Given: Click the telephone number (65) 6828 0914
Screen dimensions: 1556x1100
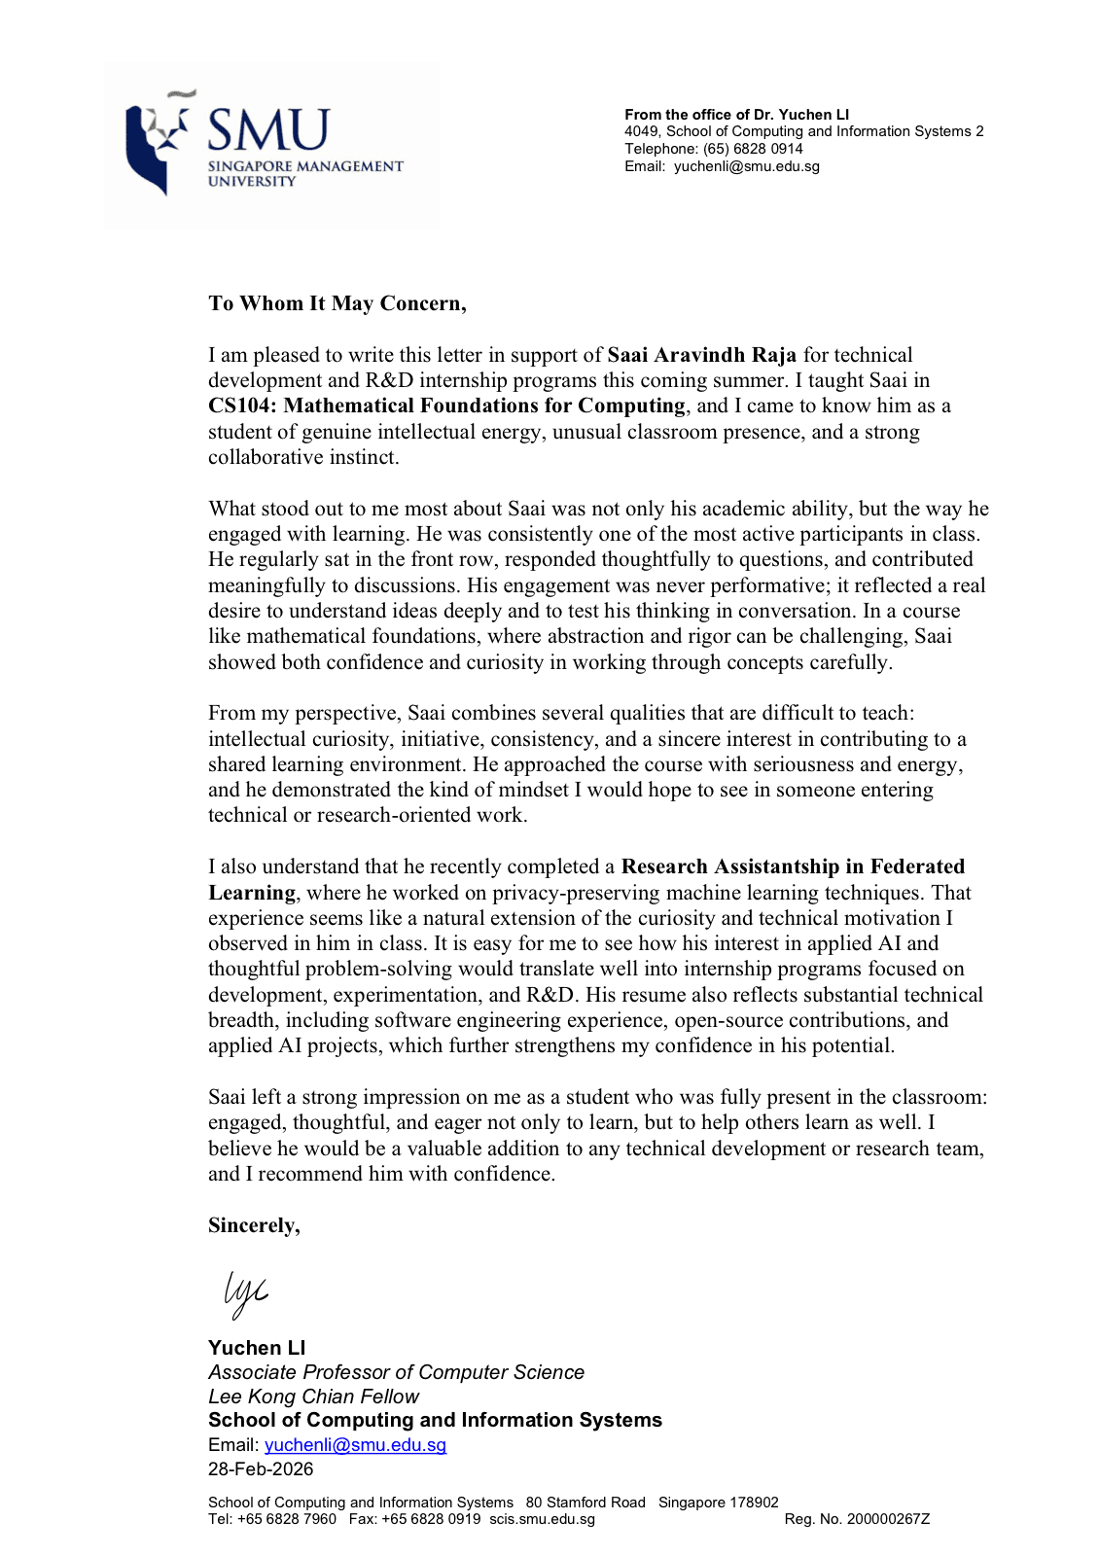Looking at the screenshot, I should (753, 149).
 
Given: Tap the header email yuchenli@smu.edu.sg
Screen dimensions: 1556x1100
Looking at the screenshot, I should (746, 166).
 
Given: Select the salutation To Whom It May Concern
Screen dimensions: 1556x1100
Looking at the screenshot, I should (337, 303).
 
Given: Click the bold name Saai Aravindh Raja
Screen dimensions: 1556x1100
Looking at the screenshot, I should (701, 355).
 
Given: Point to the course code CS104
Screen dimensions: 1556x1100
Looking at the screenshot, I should (240, 406).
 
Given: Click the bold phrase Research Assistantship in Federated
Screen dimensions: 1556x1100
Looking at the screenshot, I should (793, 866).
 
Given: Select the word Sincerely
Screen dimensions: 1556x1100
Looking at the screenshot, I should (253, 1225).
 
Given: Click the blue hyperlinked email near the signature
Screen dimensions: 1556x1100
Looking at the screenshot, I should (355, 1445).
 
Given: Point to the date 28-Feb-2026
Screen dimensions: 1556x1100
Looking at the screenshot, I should (261, 1469).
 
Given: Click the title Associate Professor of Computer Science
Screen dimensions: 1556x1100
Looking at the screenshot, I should (396, 1372).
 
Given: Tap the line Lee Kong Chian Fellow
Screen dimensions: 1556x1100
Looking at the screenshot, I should (313, 1397).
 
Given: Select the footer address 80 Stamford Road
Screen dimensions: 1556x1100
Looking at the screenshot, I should (585, 1503).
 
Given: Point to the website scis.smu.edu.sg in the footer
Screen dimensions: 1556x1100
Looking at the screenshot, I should (542, 1519).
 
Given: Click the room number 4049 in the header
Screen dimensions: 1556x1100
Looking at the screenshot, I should (641, 131).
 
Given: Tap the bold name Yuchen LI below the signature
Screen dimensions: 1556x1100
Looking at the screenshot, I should (257, 1348).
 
